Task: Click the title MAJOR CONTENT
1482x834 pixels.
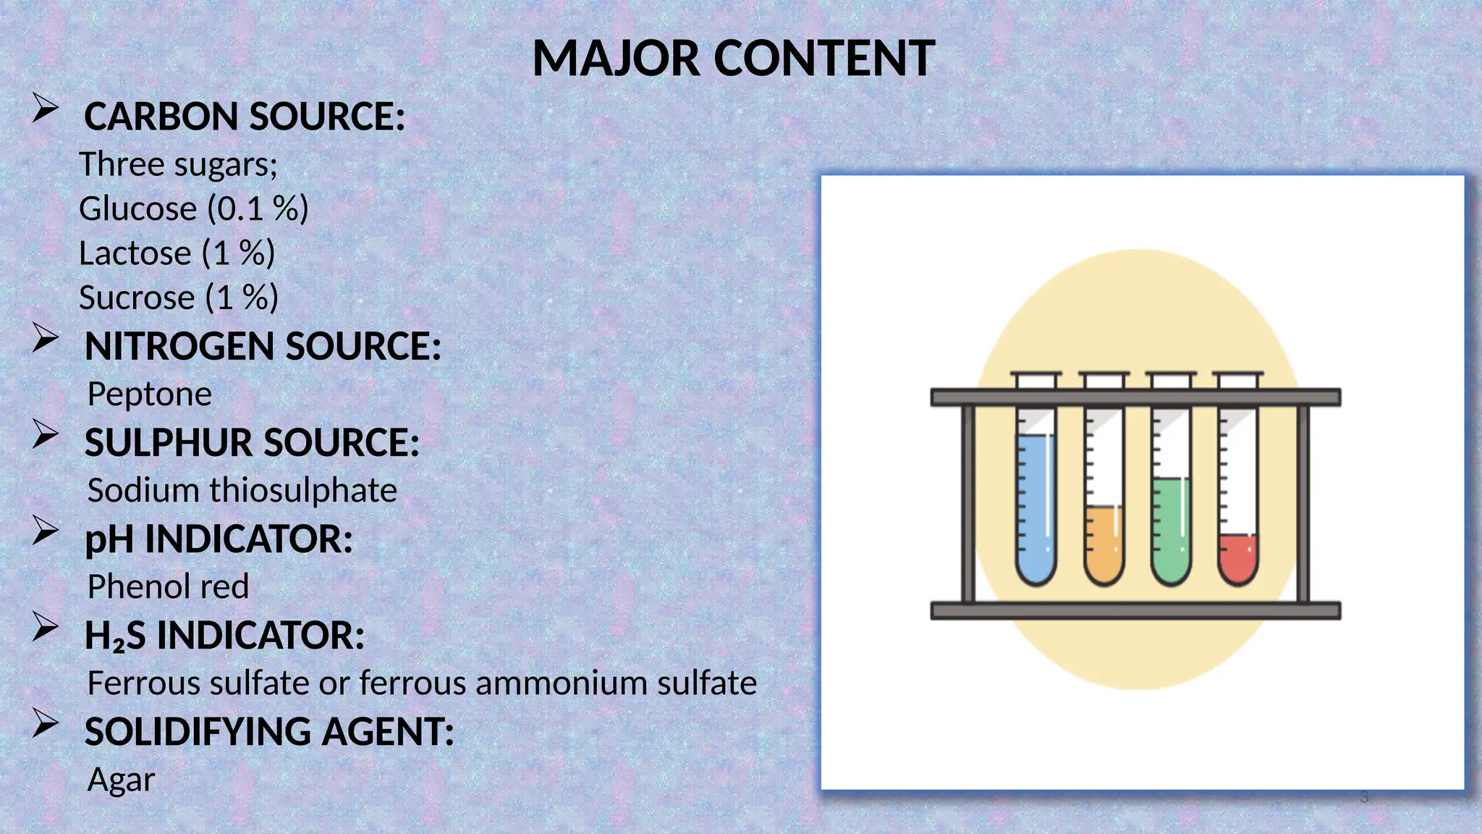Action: click(x=733, y=59)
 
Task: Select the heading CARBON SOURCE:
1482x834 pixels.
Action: click(x=245, y=117)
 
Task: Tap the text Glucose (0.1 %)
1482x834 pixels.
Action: click(x=193, y=208)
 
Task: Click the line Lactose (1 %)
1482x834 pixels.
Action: click(x=177, y=253)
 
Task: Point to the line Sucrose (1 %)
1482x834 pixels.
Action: click(x=178, y=298)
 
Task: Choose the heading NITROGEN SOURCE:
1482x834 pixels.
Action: click(x=263, y=346)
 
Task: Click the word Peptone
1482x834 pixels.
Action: click(x=149, y=394)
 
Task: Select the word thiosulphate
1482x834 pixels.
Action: click(x=303, y=490)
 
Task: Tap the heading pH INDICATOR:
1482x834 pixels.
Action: click(x=219, y=539)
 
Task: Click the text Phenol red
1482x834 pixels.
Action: click(x=168, y=586)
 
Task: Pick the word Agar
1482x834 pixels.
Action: click(x=121, y=780)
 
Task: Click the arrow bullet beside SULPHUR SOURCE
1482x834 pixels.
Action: click(x=45, y=434)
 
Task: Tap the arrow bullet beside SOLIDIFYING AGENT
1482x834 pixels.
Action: click(x=45, y=723)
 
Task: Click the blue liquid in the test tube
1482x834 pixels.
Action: click(x=1035, y=507)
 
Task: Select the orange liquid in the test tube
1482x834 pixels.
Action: click(x=1103, y=543)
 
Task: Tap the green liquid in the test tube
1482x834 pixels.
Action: click(x=1170, y=528)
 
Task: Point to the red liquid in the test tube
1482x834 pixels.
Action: click(x=1237, y=557)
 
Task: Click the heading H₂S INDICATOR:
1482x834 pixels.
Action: click(x=224, y=636)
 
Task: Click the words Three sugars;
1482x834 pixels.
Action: click(x=178, y=164)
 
